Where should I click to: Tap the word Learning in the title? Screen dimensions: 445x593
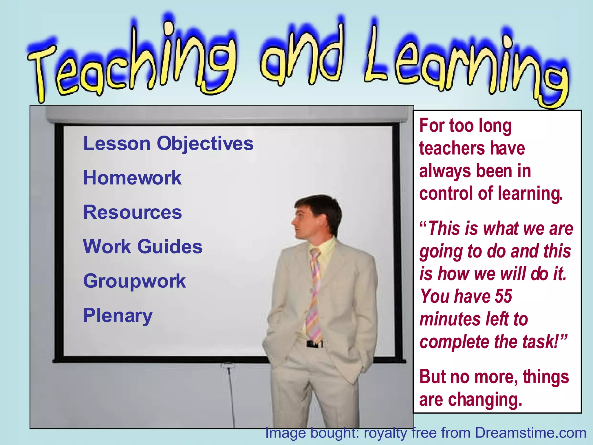coord(463,67)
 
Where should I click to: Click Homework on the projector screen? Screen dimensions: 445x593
coord(132,178)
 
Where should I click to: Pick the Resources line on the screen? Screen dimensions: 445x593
coord(132,212)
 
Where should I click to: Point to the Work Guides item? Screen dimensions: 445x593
coord(142,247)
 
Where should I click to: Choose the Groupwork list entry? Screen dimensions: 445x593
coord(134,281)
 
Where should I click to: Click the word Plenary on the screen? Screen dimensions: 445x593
coord(118,315)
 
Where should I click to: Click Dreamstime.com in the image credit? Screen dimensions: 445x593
coord(530,433)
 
